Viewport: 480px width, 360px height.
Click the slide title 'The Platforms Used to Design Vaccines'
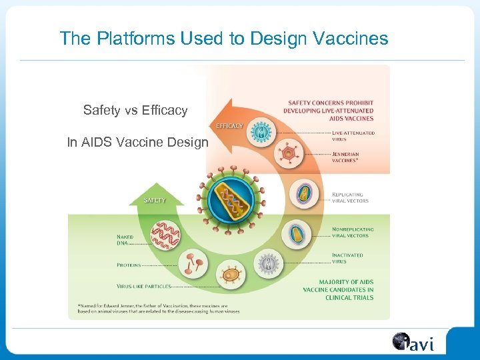[x=223, y=39]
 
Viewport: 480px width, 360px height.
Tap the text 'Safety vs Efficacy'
[x=135, y=110]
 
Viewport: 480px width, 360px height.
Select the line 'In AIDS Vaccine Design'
[x=138, y=142]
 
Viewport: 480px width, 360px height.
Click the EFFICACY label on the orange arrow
[x=228, y=125]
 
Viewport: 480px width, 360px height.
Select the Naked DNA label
[x=125, y=239]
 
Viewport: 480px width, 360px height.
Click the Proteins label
[x=129, y=265]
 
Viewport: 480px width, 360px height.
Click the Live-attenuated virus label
[x=353, y=136]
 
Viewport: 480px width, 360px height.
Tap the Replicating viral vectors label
[x=350, y=197]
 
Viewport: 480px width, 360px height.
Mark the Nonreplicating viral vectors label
[x=353, y=232]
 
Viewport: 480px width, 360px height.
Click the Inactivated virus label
[x=347, y=257]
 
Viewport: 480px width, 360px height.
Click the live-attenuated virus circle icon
[x=261, y=131]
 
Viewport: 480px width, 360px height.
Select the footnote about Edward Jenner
[x=159, y=308]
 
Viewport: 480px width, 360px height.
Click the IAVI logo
[x=413, y=343]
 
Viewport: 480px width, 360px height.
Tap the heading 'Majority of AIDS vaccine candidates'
[x=338, y=289]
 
